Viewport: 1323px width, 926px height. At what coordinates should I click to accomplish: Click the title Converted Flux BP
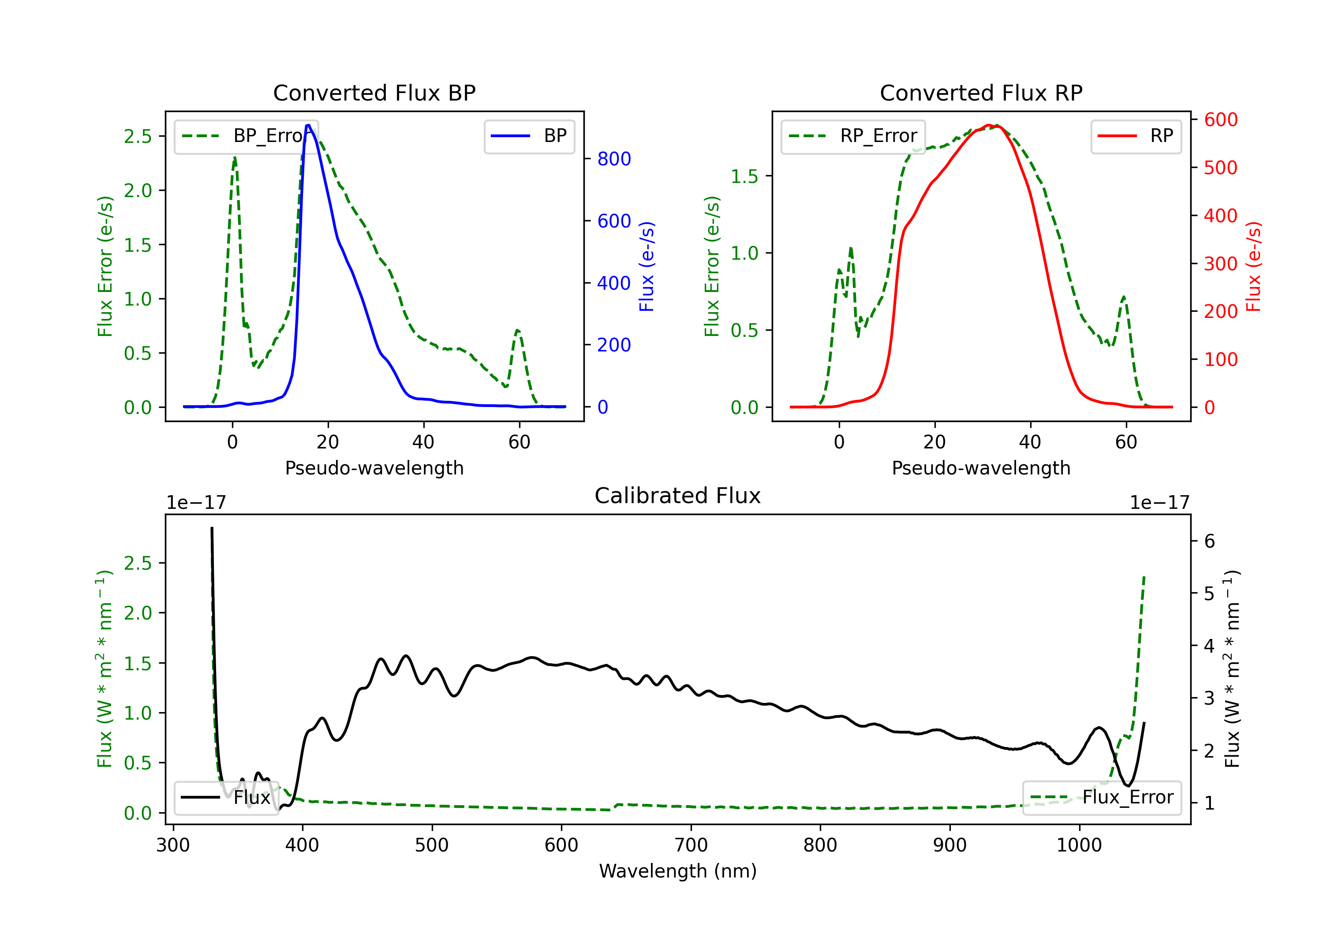click(x=374, y=93)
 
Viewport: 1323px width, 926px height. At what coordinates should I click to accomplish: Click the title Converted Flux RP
click(x=981, y=93)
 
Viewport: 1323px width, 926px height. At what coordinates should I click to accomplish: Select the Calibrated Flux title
click(x=678, y=496)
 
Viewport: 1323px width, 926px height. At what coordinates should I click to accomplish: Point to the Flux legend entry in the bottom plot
click(x=225, y=798)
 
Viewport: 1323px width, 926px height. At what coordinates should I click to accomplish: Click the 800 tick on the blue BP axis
click(x=614, y=159)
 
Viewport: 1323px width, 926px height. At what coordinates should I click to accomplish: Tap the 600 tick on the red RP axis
click(x=1220, y=120)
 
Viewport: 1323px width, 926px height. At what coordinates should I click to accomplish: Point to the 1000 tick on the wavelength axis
click(x=1079, y=845)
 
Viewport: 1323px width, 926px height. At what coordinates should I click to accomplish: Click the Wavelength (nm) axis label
click(x=678, y=871)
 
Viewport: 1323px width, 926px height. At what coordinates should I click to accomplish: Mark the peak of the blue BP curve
click(x=308, y=125)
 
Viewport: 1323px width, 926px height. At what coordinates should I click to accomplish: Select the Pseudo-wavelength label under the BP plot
click(x=374, y=468)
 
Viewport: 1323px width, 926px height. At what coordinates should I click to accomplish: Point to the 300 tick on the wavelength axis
click(x=173, y=845)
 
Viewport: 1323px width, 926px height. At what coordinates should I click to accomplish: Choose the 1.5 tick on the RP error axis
click(x=744, y=176)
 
